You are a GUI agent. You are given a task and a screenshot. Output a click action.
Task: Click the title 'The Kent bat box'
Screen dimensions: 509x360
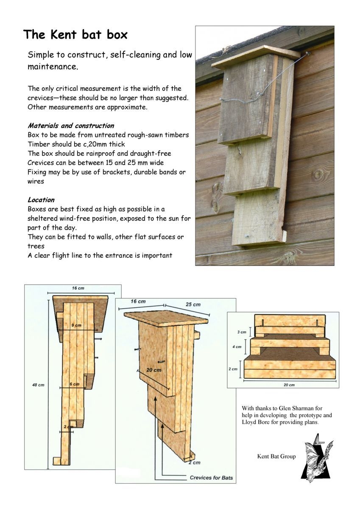point(75,34)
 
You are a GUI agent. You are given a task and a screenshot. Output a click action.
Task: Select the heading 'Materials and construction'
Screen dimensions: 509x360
point(71,126)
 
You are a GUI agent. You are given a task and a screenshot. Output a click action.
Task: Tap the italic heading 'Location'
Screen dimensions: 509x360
point(41,199)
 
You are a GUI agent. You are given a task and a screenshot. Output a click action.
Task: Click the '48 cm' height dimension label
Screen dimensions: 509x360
point(38,385)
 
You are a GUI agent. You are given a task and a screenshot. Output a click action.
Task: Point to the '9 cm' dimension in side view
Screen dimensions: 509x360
point(76,324)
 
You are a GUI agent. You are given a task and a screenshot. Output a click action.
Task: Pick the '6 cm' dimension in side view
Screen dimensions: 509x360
point(75,384)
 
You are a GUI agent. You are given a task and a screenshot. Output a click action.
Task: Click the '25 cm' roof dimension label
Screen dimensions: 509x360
point(193,305)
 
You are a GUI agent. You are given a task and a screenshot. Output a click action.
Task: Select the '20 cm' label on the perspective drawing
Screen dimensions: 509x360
point(154,369)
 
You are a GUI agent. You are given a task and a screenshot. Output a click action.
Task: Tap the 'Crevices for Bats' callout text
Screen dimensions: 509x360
point(211,478)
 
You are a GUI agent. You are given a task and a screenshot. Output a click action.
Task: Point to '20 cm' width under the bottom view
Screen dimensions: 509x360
point(289,385)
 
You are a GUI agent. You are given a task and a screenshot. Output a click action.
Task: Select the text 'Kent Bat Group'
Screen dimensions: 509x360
point(276,457)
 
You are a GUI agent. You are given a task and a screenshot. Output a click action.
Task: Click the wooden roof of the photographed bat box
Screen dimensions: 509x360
point(254,56)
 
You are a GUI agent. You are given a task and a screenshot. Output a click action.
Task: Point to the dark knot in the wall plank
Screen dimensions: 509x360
point(318,174)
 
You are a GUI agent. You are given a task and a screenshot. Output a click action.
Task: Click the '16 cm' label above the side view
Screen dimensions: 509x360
point(78,288)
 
